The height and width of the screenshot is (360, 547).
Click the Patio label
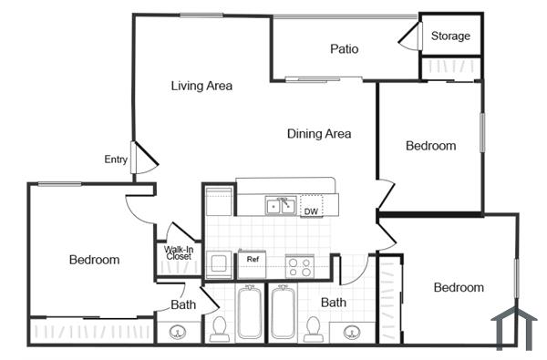(344, 49)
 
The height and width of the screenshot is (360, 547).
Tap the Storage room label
(450, 36)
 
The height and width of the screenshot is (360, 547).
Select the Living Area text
(201, 86)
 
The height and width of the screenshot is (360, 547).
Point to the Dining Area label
(319, 134)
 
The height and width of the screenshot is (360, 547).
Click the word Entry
(116, 159)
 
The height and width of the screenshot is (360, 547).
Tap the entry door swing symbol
(144, 158)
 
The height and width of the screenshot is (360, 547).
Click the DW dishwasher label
(311, 211)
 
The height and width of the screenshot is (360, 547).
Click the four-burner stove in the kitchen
(299, 266)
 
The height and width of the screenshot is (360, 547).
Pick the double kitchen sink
(280, 205)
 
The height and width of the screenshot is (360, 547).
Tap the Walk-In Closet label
(179, 252)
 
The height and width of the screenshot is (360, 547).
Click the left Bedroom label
(94, 260)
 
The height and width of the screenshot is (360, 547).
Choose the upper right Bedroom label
(430, 146)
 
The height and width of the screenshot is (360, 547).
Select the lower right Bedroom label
(458, 288)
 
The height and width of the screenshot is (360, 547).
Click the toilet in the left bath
(219, 328)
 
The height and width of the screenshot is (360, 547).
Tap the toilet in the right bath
(313, 327)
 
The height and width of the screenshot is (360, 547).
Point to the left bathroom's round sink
(180, 332)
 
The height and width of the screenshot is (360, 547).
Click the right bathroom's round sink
(350, 332)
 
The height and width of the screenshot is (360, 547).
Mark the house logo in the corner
(511, 328)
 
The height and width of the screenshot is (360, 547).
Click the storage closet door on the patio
(407, 36)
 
